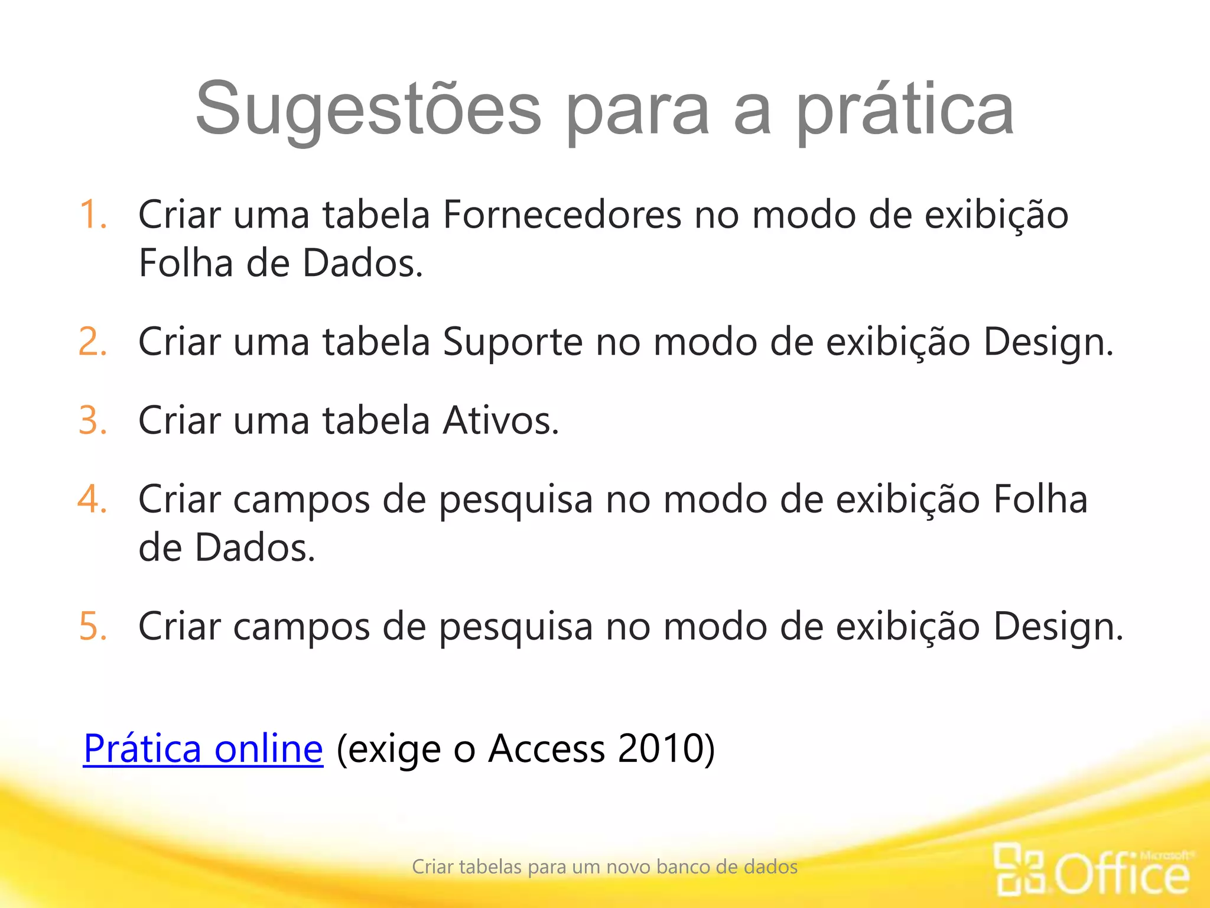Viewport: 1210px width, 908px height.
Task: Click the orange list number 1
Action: point(92,214)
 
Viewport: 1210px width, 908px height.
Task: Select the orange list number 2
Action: point(92,342)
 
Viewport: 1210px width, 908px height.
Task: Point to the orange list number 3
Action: point(92,420)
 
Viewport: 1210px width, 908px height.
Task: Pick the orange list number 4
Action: point(92,500)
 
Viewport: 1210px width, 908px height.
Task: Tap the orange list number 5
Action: point(92,626)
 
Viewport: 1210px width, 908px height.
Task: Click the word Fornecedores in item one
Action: point(562,214)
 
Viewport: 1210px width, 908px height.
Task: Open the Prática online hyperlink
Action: point(203,748)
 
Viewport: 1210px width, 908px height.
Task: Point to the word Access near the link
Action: point(547,748)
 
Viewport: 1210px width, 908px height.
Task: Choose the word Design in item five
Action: point(1058,626)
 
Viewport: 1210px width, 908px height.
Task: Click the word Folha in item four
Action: point(1040,500)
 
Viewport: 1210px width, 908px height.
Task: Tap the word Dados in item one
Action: point(363,263)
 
